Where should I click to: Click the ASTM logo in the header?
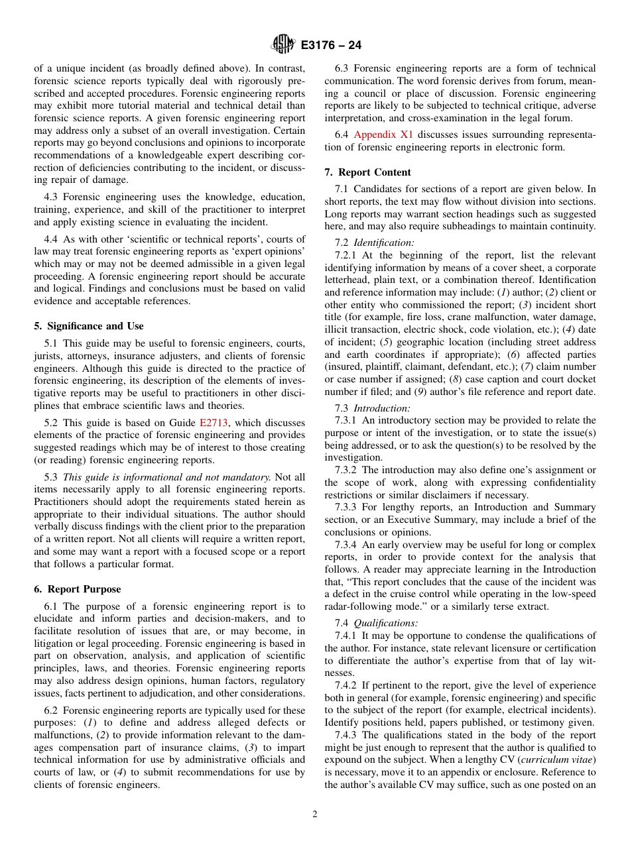[x=283, y=45]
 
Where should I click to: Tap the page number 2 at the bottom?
[x=315, y=815]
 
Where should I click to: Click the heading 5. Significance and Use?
[x=89, y=326]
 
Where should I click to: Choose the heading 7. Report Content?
[x=367, y=172]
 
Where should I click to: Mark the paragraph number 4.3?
[x=52, y=197]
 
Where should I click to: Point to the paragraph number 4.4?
[x=52, y=239]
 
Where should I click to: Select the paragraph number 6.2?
[x=52, y=710]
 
